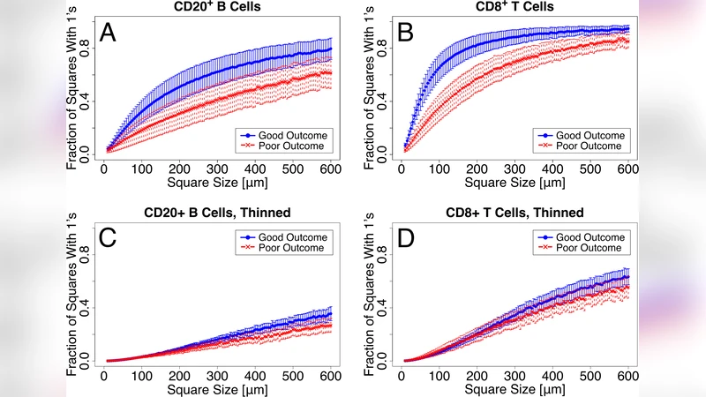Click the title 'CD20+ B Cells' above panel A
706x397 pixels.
(217, 9)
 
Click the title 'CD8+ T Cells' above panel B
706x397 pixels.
(514, 9)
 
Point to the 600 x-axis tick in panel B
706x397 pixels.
(627, 169)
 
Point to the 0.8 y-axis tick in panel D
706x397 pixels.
(381, 251)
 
